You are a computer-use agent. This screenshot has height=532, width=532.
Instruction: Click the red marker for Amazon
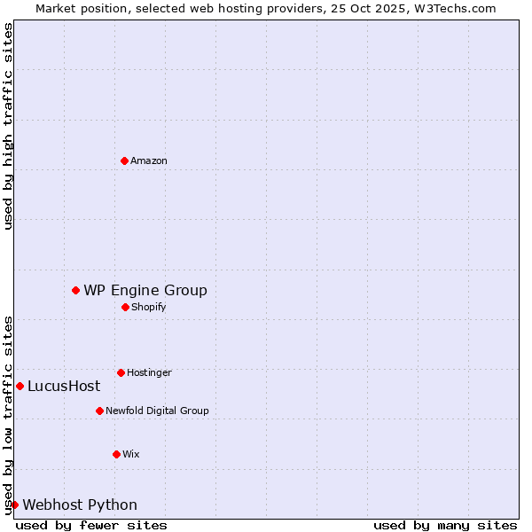(124, 160)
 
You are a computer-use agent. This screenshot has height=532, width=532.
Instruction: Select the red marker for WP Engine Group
(75, 290)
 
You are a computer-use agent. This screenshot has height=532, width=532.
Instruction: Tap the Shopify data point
(125, 307)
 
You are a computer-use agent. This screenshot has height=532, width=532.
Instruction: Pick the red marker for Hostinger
(121, 372)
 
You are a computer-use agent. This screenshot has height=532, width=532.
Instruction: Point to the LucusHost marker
(20, 386)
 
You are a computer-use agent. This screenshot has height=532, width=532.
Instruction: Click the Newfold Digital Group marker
(99, 411)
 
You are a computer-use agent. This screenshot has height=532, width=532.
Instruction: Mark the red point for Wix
(116, 454)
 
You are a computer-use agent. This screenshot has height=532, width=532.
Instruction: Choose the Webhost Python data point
(14, 505)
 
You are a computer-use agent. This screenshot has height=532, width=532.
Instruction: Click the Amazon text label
(149, 160)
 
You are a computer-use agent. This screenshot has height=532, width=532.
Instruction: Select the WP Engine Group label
(145, 290)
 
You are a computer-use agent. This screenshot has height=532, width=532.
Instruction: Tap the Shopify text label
(149, 307)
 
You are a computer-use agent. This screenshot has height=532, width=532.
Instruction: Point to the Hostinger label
(149, 372)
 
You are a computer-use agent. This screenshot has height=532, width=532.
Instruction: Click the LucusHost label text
(64, 386)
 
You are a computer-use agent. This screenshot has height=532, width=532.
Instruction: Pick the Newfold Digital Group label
(157, 411)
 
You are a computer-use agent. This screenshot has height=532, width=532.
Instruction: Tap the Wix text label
(131, 454)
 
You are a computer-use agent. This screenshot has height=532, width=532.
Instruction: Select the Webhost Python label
(80, 505)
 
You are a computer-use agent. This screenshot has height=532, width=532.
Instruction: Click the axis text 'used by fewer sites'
(91, 525)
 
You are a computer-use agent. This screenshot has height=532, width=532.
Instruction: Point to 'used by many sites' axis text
(445, 525)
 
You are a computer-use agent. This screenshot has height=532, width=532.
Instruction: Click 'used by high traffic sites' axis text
(8, 126)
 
